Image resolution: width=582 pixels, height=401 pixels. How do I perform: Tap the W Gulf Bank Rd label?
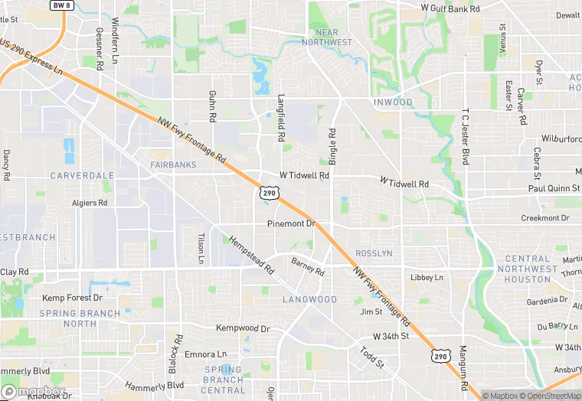(x=450, y=8)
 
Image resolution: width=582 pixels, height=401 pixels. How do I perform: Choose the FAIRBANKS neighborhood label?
(x=174, y=165)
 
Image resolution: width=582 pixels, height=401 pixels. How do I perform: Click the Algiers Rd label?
(x=90, y=203)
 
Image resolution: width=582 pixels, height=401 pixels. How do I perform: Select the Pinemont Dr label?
(x=291, y=223)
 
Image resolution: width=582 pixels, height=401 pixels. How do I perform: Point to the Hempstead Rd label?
(x=250, y=254)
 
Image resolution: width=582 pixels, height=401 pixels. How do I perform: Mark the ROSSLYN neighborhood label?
(x=374, y=253)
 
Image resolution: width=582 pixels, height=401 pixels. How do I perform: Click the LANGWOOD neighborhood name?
(x=309, y=299)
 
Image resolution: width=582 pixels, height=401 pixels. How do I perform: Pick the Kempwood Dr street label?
(x=244, y=328)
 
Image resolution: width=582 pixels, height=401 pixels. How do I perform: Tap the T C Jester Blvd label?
(x=465, y=136)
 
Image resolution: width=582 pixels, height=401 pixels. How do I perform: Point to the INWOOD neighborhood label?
(x=393, y=103)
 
